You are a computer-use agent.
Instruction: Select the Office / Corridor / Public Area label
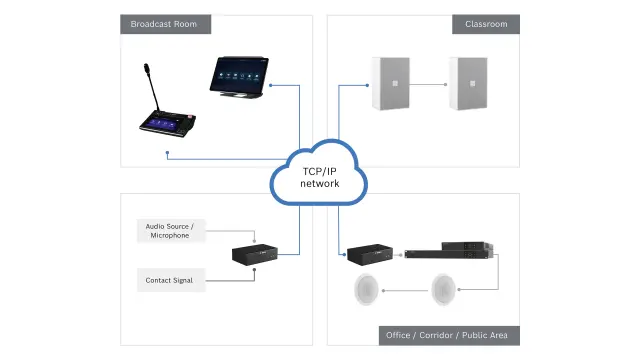446,335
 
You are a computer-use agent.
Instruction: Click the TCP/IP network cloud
320,175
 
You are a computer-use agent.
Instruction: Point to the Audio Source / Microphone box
170,231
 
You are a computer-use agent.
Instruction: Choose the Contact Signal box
170,280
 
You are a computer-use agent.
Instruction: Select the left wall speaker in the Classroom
390,82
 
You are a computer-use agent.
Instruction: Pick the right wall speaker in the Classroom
468,82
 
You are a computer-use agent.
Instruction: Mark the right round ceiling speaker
445,291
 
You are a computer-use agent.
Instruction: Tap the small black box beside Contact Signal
255,256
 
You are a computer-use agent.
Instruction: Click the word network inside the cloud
320,184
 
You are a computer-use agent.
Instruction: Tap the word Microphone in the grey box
170,236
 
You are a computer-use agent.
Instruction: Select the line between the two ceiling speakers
407,291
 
